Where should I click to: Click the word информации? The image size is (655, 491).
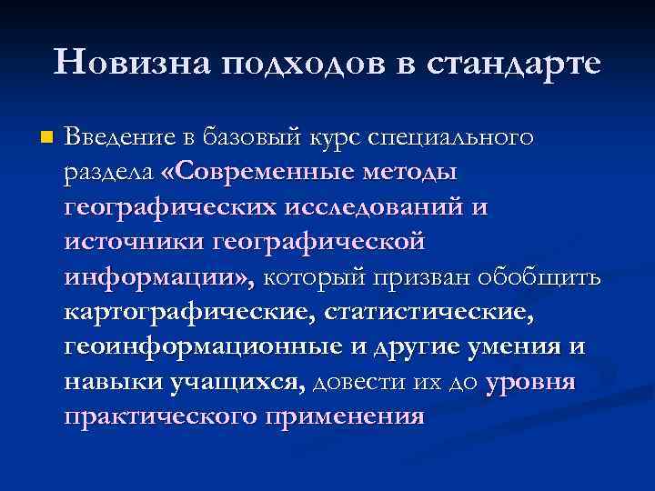coord(156,276)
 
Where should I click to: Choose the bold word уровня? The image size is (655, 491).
coord(530,381)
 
